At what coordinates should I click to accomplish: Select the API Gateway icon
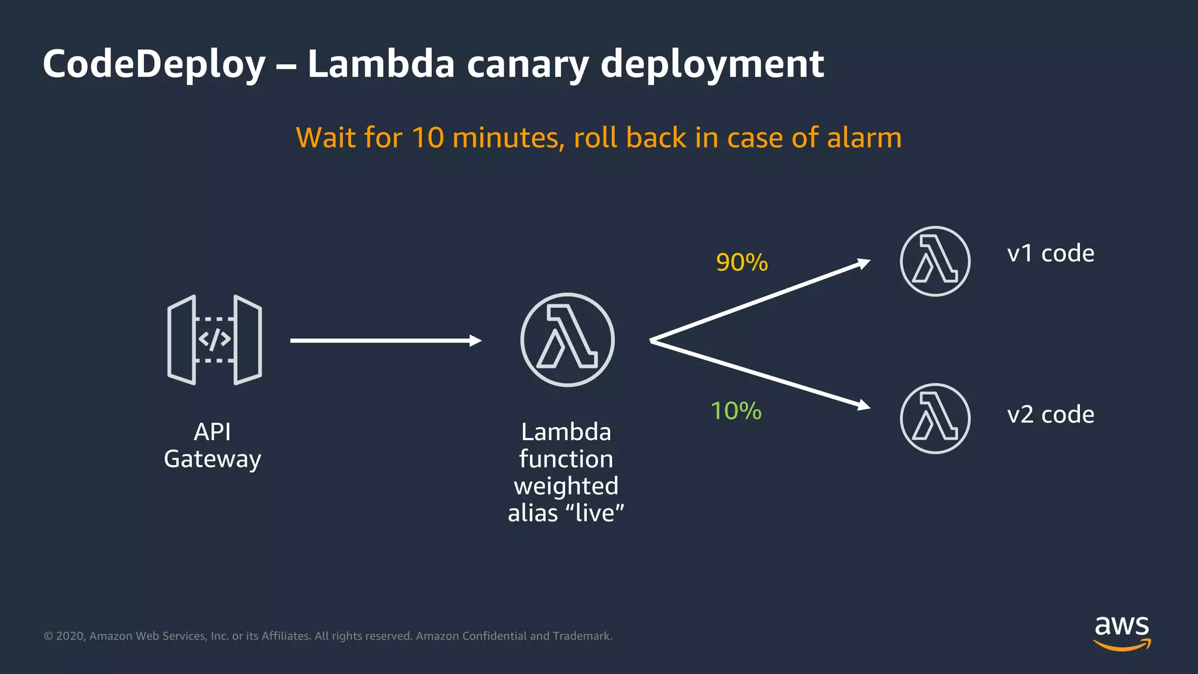[214, 340]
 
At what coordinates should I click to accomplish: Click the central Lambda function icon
[567, 340]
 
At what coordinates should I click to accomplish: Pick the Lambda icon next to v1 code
[935, 261]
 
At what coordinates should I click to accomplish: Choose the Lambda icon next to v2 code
[935, 418]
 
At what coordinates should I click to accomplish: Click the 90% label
[742, 262]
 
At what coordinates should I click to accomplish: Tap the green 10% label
[736, 411]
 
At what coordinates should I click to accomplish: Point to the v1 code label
[1051, 253]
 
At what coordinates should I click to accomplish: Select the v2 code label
[1051, 415]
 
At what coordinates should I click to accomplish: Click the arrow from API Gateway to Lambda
[385, 341]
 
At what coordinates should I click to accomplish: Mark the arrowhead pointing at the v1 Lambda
[863, 263]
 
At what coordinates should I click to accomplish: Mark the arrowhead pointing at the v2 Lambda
[863, 405]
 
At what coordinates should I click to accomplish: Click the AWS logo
[1122, 632]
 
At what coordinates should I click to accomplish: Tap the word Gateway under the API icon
[212, 459]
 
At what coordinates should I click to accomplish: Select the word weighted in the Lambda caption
[566, 486]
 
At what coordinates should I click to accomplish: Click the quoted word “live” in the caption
[594, 513]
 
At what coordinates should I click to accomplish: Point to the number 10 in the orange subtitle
[428, 138]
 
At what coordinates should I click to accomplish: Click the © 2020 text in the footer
[64, 636]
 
